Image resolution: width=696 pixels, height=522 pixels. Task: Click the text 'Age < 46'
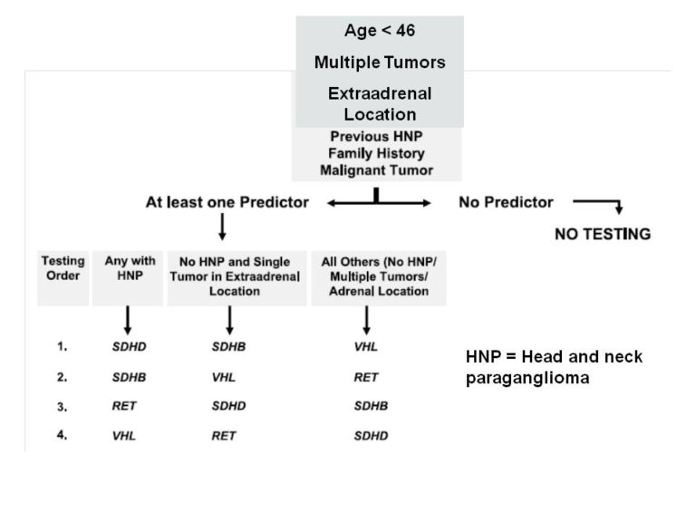(380, 31)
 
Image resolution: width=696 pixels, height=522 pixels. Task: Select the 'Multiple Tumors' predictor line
(380, 63)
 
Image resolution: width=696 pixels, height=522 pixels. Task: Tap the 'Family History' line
(376, 153)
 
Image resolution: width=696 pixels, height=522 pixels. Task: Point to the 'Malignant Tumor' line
(376, 170)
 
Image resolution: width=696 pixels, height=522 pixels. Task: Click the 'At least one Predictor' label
(227, 202)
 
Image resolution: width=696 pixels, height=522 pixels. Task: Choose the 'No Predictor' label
(506, 202)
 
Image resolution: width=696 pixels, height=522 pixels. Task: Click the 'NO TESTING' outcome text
(603, 234)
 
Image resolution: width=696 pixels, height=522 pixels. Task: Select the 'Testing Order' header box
(63, 278)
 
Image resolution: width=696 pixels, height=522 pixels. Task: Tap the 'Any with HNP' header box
(128, 278)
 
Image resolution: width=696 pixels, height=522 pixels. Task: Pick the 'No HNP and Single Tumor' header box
(237, 278)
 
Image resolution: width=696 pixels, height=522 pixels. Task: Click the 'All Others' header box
(379, 278)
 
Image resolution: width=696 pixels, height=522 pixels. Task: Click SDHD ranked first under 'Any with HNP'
(130, 347)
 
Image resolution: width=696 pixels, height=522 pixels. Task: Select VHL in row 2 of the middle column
(223, 377)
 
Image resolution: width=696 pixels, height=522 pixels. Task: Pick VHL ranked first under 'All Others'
(366, 347)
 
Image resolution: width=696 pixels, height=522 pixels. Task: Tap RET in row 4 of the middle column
(223, 436)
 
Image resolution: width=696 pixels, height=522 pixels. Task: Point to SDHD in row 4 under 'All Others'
(371, 436)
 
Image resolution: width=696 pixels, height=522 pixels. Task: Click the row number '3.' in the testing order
(63, 407)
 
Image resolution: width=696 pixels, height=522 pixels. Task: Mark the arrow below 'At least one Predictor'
(222, 227)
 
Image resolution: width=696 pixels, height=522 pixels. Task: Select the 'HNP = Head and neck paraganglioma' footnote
(554, 367)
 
